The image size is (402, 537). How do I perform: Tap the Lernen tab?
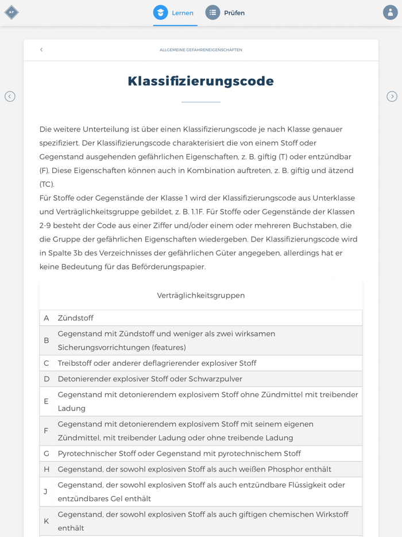click(x=175, y=13)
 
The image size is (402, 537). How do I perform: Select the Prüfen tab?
click(x=226, y=13)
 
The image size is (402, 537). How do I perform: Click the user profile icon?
click(x=390, y=13)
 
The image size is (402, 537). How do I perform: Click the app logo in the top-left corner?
click(x=11, y=13)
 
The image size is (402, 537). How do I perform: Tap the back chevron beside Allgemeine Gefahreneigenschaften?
click(x=41, y=50)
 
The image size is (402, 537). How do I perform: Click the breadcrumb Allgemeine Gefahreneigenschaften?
click(x=200, y=50)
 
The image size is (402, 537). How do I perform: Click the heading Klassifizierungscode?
click(x=200, y=81)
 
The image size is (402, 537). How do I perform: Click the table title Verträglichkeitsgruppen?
click(x=200, y=296)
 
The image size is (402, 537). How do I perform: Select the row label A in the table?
click(x=47, y=318)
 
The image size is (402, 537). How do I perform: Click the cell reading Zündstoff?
click(x=75, y=318)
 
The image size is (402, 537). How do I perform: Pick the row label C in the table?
click(x=47, y=363)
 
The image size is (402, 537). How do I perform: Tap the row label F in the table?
click(x=47, y=431)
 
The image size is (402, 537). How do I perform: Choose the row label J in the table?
click(x=46, y=492)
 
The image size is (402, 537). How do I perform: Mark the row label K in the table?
click(x=47, y=521)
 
